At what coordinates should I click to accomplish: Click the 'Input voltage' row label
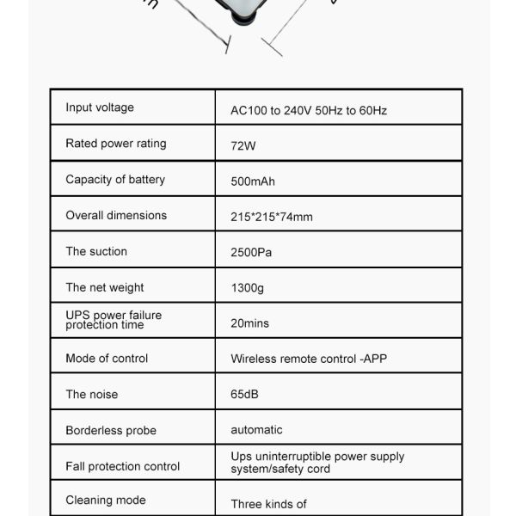100,107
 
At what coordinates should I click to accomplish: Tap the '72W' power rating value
243,146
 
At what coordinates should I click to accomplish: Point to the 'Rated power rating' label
116,144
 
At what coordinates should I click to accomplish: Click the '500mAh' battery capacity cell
253,181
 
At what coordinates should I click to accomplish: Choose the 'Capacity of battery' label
115,179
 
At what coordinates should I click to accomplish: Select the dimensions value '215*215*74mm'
272,217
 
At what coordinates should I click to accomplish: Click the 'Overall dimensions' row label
116,215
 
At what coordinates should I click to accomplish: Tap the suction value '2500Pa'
251,253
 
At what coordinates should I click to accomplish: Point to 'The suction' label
96,251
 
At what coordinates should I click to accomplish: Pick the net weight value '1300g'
248,289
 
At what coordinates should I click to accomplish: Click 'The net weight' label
105,287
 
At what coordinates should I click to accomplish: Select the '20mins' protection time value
249,323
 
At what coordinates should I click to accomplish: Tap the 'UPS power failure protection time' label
114,320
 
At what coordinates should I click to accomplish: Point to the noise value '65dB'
244,395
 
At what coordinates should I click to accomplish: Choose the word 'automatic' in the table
256,429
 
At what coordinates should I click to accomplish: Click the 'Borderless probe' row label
111,430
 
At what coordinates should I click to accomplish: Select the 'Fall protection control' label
123,466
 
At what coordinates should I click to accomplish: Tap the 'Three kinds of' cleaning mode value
268,504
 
